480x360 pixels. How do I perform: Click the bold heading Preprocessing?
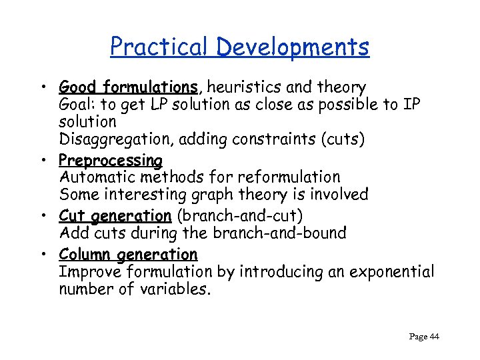[x=111, y=161]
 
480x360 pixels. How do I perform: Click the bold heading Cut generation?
[x=115, y=216]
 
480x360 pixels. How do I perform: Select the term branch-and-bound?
[x=287, y=233]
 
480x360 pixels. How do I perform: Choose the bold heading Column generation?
[x=128, y=255]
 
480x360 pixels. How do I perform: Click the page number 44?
[x=433, y=337]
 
